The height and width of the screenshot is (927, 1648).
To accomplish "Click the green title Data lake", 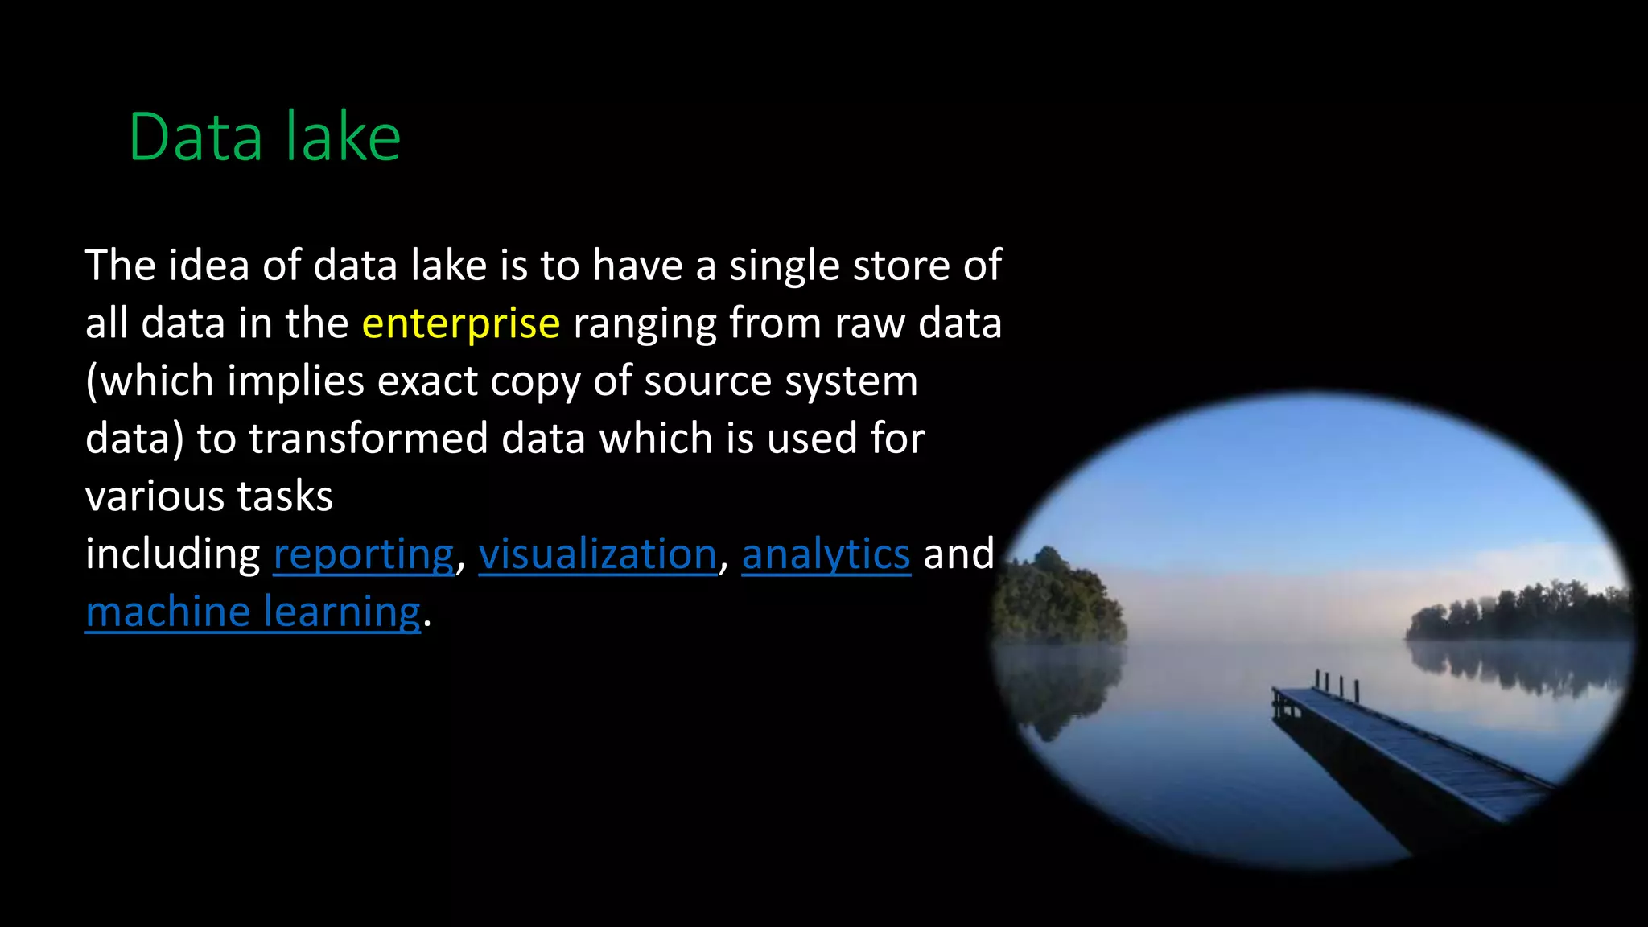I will click(x=264, y=138).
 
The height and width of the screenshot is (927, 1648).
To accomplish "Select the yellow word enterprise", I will click(x=460, y=323).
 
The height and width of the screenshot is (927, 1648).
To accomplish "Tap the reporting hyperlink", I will click(x=364, y=554).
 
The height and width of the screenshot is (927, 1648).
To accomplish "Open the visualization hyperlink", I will click(x=597, y=554).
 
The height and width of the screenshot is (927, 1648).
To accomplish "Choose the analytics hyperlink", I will click(x=826, y=554).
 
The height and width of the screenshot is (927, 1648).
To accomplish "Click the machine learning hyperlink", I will click(x=253, y=612).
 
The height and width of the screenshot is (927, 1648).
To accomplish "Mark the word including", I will click(x=172, y=554).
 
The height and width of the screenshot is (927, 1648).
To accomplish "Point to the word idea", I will click(x=208, y=266).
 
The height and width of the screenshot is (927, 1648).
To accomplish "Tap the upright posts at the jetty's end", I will click(x=1336, y=686).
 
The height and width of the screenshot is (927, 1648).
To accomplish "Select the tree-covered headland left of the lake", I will click(x=1058, y=599).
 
